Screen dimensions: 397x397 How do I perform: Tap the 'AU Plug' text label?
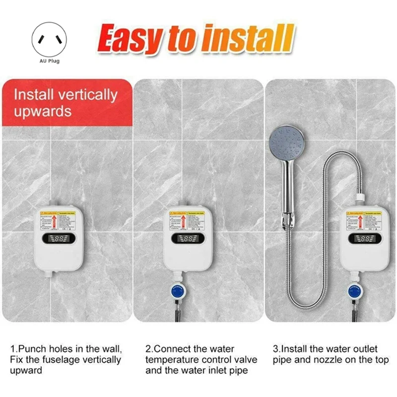pos(49,61)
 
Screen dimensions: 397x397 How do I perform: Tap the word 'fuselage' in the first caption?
pos(58,360)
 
